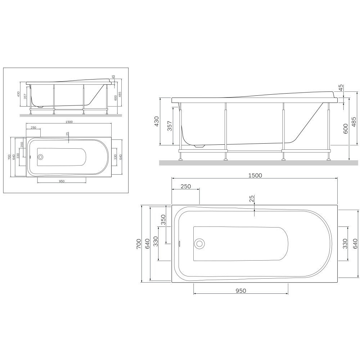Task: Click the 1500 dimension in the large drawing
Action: pyautogui.click(x=255, y=175)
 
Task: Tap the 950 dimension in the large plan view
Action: pyautogui.click(x=241, y=291)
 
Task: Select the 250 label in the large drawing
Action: pyautogui.click(x=186, y=186)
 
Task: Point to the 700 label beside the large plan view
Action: pyautogui.click(x=139, y=244)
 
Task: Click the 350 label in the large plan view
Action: pyautogui.click(x=163, y=220)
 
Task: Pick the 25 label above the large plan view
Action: pyautogui.click(x=252, y=199)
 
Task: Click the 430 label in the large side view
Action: pyautogui.click(x=156, y=121)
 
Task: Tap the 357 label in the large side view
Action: pyautogui.click(x=170, y=126)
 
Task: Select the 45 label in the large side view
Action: pyautogui.click(x=341, y=88)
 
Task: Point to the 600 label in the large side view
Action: pyautogui.click(x=346, y=129)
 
